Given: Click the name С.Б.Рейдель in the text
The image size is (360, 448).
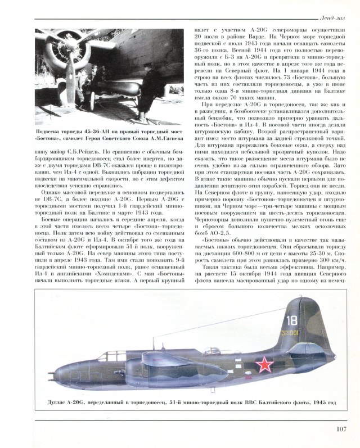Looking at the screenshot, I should point(75,151).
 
